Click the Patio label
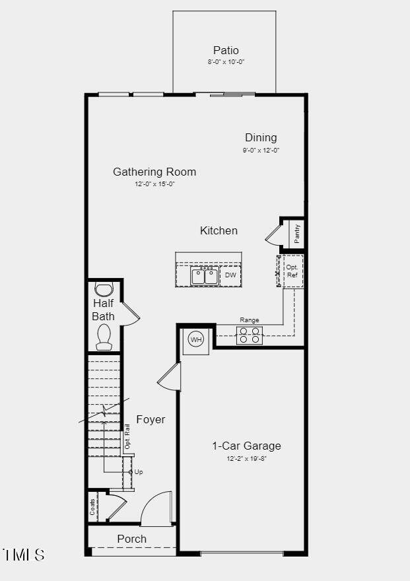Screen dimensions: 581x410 226,50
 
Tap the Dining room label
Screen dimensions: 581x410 261,137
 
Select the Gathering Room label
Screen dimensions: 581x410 154,172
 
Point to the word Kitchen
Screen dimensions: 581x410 219,230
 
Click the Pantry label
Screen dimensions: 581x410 297,233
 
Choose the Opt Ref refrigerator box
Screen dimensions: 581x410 292,271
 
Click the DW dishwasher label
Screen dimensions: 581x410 230,275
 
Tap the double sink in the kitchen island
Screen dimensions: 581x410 205,276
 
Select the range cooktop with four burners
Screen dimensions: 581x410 250,335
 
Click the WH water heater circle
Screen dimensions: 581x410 196,339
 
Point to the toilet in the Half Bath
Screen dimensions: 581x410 104,337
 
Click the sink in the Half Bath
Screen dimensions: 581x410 104,289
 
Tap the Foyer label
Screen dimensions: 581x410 151,419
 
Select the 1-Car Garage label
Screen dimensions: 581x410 246,446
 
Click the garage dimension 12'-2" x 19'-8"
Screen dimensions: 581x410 246,458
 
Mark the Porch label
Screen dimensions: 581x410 132,539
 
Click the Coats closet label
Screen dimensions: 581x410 93,507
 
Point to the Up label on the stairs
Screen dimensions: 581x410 139,472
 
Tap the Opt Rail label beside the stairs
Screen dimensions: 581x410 127,437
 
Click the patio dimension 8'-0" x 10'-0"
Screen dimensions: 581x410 226,62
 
